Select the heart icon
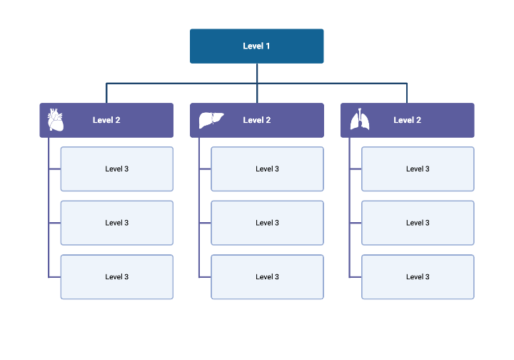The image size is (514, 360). [56, 120]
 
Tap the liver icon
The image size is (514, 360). [207, 120]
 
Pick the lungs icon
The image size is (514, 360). [360, 120]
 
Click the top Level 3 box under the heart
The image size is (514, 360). [116, 169]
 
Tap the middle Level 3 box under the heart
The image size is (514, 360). [116, 223]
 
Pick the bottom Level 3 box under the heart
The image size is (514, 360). [116, 277]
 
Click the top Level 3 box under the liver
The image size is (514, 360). [267, 169]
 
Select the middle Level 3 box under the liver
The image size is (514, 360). [267, 223]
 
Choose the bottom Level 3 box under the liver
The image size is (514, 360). [267, 277]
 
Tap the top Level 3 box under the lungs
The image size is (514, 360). [418, 169]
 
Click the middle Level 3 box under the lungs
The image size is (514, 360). [418, 223]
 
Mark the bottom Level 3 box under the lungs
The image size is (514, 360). [418, 277]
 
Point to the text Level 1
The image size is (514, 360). [256, 46]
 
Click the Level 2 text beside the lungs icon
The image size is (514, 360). [407, 120]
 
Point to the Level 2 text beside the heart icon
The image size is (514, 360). [106, 120]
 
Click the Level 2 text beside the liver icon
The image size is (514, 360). [257, 120]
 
